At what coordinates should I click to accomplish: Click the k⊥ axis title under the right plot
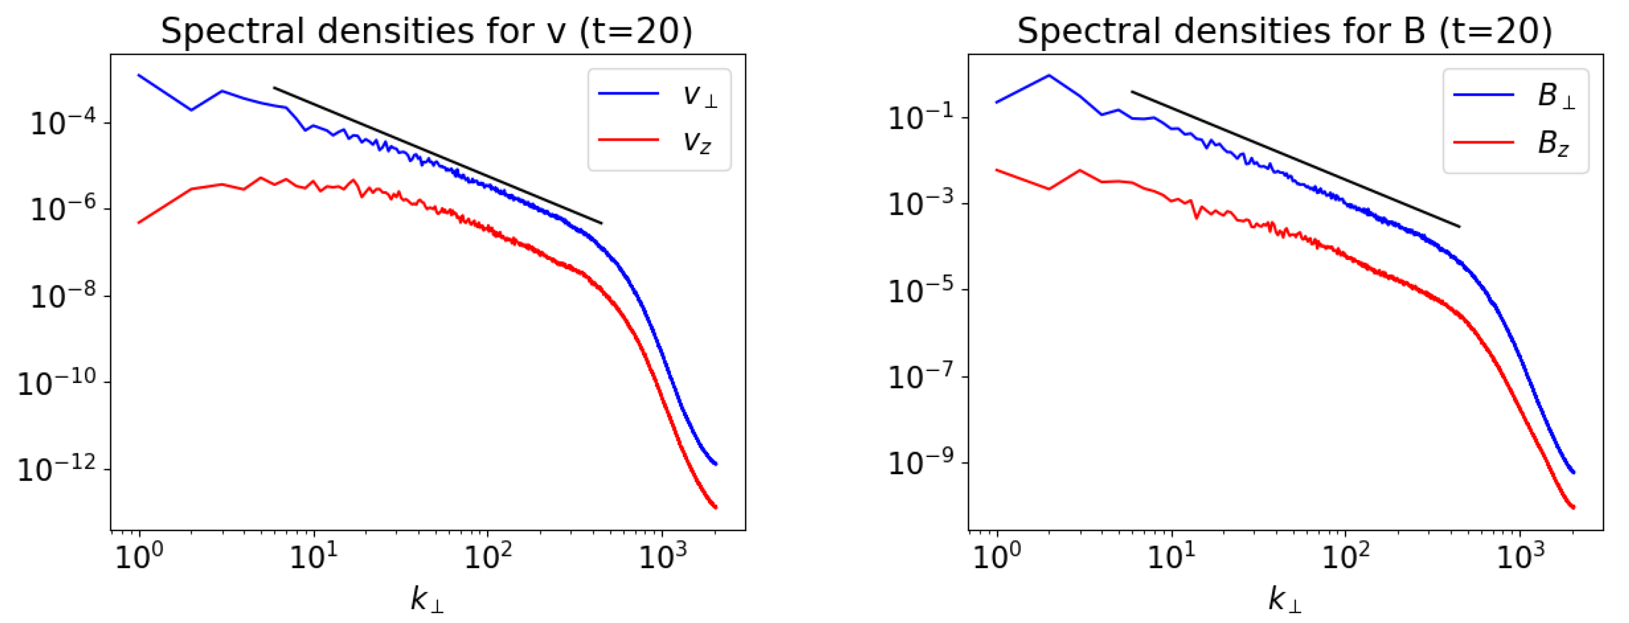coord(1284,599)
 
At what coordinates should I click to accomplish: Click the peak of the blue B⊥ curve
coord(1049,75)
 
